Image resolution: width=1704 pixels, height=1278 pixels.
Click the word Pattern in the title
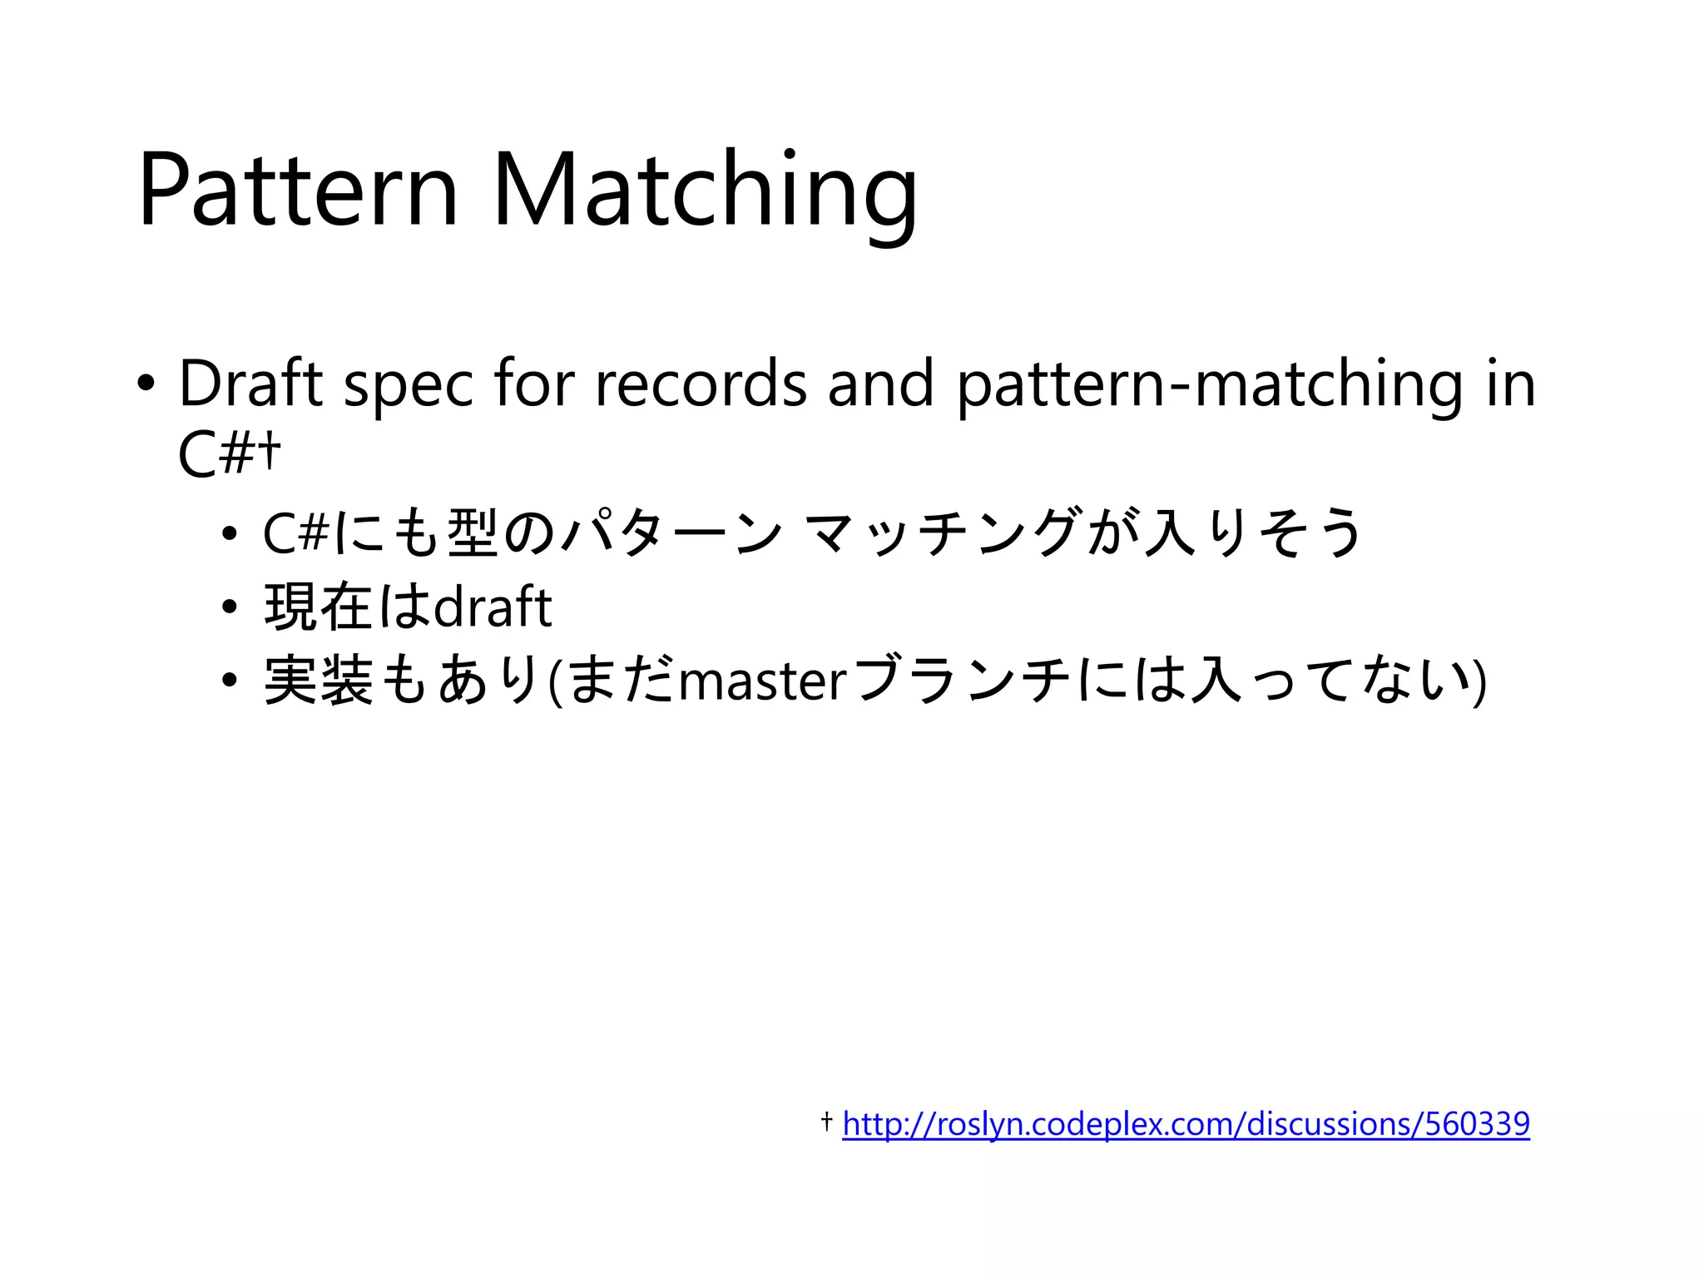click(298, 190)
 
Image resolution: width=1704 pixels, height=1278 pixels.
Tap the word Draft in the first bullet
click(250, 384)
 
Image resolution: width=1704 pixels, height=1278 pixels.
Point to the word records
click(701, 384)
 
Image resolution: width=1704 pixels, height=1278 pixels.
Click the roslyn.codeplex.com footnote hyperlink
click(1186, 1124)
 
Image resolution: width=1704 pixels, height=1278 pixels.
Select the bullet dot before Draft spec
click(146, 384)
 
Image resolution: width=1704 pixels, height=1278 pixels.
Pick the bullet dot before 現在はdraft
click(230, 607)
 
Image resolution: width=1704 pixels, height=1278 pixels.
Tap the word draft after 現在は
click(493, 607)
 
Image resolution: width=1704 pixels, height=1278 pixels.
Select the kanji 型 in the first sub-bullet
click(473, 532)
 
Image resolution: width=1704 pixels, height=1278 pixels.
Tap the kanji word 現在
click(318, 607)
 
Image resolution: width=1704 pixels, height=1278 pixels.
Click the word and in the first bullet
click(880, 384)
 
